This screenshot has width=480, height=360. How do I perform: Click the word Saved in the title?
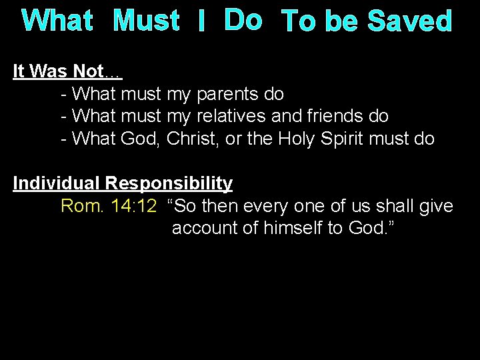(411, 22)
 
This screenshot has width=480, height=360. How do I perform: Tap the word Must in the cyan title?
(146, 22)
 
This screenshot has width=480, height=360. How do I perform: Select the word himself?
(289, 228)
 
